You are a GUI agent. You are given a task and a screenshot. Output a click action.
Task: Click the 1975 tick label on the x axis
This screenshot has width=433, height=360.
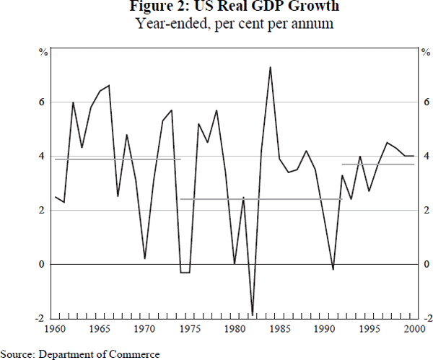(189, 329)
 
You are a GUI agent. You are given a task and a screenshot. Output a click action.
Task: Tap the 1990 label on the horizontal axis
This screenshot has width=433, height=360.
(324, 329)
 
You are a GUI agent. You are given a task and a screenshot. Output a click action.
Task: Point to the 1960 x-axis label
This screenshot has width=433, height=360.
(55, 329)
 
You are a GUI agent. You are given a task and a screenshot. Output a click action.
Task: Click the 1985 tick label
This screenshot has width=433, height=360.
(279, 329)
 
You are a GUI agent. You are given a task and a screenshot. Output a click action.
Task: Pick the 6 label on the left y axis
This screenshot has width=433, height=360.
(43, 102)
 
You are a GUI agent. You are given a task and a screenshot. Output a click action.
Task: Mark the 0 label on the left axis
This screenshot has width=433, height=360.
(43, 265)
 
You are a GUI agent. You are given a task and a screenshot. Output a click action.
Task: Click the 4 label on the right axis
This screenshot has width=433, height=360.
(427, 157)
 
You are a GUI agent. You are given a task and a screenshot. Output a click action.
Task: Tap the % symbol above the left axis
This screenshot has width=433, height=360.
(43, 51)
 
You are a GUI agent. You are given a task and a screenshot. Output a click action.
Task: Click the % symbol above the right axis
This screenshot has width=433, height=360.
(426, 51)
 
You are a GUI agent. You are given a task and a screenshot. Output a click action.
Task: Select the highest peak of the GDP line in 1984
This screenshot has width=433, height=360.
(270, 67)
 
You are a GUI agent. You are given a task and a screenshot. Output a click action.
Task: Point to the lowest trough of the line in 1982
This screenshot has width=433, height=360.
(253, 314)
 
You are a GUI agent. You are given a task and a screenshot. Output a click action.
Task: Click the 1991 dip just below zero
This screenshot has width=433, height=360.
(333, 269)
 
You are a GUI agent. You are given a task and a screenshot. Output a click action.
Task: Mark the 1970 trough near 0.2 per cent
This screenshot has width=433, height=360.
(145, 258)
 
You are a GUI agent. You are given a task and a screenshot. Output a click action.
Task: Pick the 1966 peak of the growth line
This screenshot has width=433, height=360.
(109, 86)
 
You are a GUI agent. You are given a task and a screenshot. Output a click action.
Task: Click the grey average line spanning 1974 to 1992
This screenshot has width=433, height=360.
(260, 199)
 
